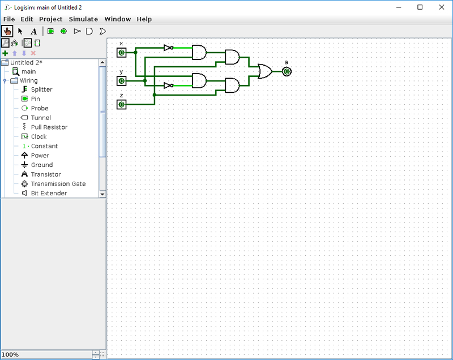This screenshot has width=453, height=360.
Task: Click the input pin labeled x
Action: coord(121,53)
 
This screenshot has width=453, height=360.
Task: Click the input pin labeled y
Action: coord(121,81)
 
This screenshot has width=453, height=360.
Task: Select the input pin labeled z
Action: coord(121,104)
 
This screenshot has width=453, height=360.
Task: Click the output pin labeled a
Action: coord(287,71)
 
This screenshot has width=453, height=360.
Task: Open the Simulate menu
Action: coord(83,19)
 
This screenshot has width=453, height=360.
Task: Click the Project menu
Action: coord(50,19)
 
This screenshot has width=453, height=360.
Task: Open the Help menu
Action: coord(144,19)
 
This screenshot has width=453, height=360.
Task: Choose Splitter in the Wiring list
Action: coord(41,89)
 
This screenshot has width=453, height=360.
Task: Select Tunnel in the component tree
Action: coord(40,118)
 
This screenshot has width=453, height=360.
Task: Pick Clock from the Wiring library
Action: coord(39,136)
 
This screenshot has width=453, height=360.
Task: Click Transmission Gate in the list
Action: coord(58,184)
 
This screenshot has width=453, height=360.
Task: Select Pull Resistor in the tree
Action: coord(49,127)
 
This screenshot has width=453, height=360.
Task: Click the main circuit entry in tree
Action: coord(28,71)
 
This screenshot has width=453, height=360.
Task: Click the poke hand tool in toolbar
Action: coord(7,31)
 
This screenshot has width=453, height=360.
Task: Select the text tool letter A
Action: coord(33,31)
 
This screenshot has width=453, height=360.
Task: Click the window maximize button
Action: coord(420,7)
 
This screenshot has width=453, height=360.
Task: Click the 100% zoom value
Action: coord(10,354)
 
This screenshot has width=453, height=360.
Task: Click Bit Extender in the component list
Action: coord(49,193)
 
